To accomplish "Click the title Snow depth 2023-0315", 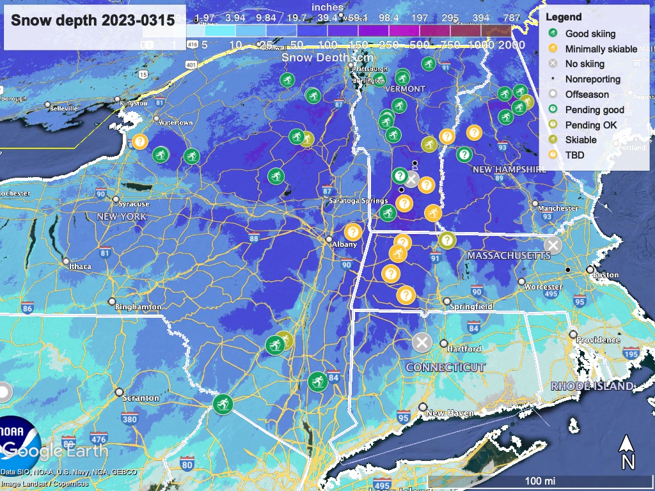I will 93,20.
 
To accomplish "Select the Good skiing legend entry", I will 590,34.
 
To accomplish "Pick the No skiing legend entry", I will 585,64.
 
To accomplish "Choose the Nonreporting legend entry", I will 592,79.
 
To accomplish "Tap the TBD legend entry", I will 574,155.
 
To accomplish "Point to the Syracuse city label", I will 134,204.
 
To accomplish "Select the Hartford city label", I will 464,349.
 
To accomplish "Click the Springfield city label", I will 472,307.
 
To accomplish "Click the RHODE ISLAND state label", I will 592,386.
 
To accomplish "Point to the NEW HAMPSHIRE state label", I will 509,169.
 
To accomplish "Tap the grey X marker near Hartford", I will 422,343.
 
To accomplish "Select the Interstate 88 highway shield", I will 254,238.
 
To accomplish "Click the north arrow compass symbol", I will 627,451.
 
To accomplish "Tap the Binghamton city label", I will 138,307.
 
